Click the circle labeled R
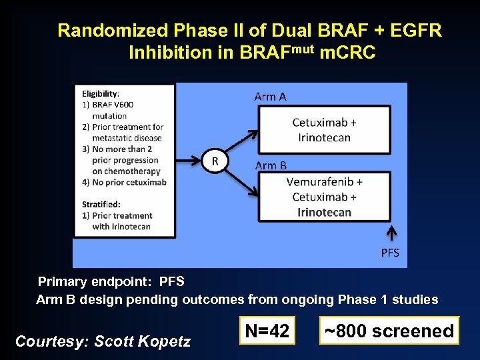[x=215, y=161]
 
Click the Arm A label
[x=270, y=97]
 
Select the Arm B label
[x=270, y=165]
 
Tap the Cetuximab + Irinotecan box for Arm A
[x=324, y=130]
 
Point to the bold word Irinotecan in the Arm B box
[x=324, y=213]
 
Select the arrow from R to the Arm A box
[x=243, y=141]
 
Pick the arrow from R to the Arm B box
[x=243, y=181]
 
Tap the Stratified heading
[x=101, y=204]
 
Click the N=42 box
[x=267, y=331]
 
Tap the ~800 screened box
[x=389, y=331]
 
